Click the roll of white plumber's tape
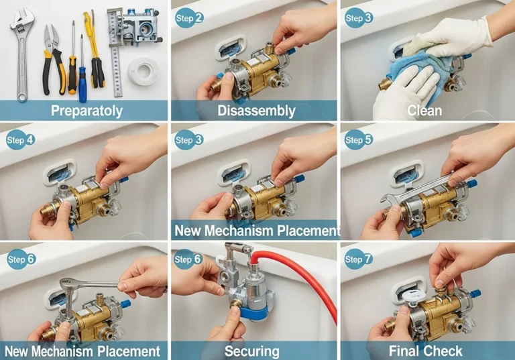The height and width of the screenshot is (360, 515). (x=142, y=72)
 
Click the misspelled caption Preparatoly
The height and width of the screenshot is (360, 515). (x=87, y=111)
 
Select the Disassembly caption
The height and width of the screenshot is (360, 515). (x=257, y=111)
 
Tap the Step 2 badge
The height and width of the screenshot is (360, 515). (x=190, y=17)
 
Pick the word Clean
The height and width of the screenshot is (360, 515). (x=424, y=111)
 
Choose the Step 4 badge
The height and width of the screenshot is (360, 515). (x=20, y=140)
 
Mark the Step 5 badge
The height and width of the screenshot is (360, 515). (x=359, y=140)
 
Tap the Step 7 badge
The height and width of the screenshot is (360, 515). (x=359, y=259)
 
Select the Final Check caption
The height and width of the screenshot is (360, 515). (x=425, y=351)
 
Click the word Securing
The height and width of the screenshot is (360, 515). (x=252, y=351)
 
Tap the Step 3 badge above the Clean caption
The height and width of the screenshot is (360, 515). (x=359, y=17)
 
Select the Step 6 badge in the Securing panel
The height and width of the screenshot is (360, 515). (x=189, y=259)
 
